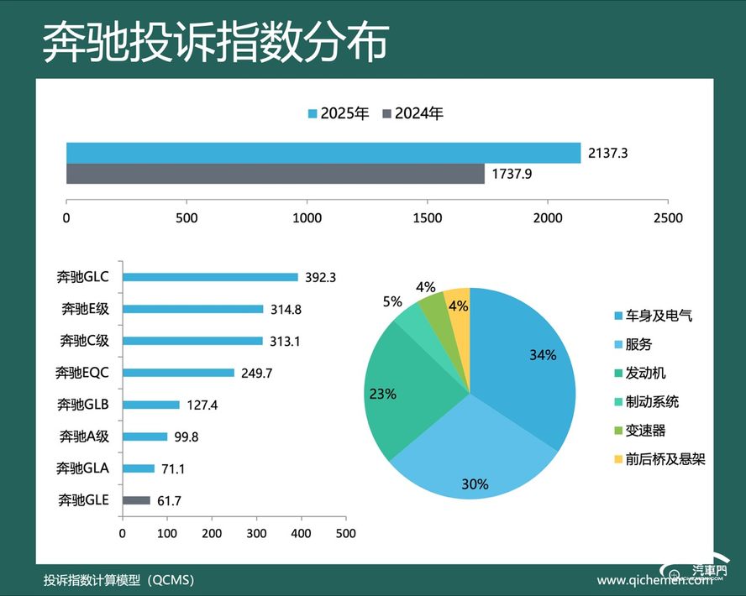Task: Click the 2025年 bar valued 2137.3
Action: pos(323,154)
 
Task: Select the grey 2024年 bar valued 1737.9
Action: pos(276,174)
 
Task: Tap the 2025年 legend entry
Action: pos(339,113)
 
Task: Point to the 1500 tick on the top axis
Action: pos(427,217)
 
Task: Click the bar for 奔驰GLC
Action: pos(210,277)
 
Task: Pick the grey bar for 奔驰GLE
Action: pos(136,500)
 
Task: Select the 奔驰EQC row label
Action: pos(82,372)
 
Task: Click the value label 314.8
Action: pos(286,309)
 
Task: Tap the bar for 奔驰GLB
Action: pos(151,405)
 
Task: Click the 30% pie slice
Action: pos(470,453)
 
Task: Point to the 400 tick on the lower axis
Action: pos(301,533)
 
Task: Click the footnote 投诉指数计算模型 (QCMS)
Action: pos(123,580)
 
